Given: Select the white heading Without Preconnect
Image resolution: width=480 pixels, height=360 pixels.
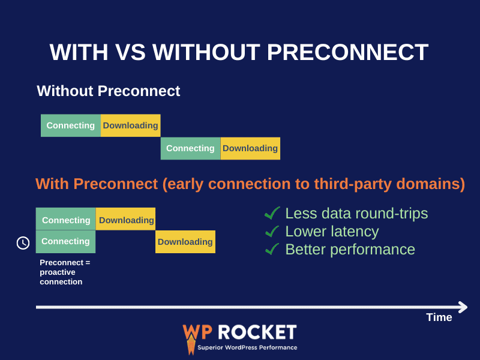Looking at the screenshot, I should click(108, 91).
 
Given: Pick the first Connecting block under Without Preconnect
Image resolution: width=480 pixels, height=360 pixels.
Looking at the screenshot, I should click(71, 125).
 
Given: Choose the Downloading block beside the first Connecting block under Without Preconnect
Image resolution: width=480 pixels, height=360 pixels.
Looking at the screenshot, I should click(130, 125).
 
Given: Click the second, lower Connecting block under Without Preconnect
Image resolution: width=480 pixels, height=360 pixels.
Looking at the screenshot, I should click(190, 148).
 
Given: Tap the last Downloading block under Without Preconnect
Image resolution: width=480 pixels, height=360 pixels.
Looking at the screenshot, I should click(250, 148).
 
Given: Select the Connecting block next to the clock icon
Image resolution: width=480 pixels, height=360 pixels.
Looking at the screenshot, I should click(66, 241).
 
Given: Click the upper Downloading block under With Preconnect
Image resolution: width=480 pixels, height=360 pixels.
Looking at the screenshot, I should click(126, 220).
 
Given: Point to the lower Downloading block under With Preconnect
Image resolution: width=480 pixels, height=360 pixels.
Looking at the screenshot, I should click(185, 242).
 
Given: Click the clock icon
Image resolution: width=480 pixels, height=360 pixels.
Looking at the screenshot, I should click(23, 243).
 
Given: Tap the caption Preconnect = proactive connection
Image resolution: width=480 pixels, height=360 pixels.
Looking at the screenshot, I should click(65, 272).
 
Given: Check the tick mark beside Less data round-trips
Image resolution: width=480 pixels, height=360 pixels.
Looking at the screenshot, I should click(272, 213).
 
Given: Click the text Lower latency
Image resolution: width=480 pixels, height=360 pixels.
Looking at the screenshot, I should click(332, 232).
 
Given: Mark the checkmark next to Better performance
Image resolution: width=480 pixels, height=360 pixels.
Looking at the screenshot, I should click(272, 249).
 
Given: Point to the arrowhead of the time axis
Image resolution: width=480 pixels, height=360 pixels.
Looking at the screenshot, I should click(463, 307).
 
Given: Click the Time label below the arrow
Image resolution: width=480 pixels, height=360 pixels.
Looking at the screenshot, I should click(439, 317).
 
